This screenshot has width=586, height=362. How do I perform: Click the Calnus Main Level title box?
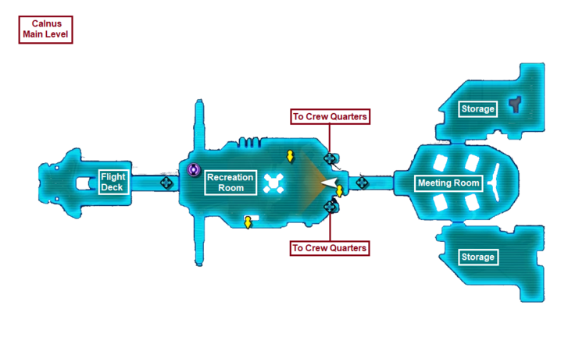tap(45, 30)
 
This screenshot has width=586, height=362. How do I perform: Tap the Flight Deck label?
tap(113, 183)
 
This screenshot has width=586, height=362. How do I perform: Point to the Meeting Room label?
tap(448, 183)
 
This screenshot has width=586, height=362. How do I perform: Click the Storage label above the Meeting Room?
tap(477, 108)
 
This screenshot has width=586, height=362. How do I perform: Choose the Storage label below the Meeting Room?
tap(477, 257)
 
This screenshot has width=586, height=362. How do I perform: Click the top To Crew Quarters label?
tap(329, 117)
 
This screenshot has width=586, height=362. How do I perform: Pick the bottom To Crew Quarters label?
tap(329, 248)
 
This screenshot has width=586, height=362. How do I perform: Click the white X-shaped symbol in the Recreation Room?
tap(273, 183)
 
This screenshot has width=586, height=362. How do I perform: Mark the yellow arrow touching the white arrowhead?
tap(340, 191)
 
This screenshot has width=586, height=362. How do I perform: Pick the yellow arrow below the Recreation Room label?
tap(248, 223)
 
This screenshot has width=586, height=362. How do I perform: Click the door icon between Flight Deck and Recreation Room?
tap(166, 183)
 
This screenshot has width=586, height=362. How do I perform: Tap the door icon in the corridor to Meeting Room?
tap(363, 183)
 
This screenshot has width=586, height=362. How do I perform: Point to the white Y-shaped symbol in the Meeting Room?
tap(495, 183)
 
